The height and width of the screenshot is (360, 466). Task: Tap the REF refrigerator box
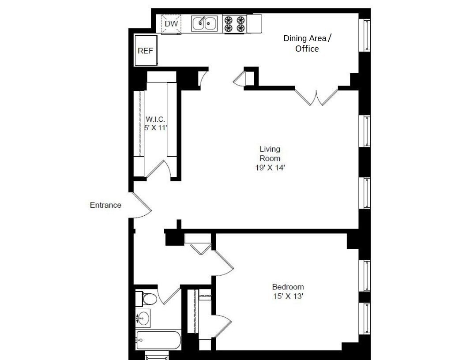click(145, 51)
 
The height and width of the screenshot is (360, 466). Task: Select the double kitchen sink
click(204, 23)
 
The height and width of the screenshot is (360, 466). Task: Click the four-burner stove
click(234, 24)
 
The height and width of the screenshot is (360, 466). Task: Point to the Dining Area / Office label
click(307, 43)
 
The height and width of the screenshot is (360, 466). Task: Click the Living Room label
click(270, 154)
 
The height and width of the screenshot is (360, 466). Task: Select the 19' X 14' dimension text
click(270, 168)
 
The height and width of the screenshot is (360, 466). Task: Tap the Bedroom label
click(288, 287)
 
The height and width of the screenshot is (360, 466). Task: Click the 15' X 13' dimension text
click(288, 296)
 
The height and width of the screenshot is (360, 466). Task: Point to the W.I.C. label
click(155, 119)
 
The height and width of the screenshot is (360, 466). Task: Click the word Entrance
click(105, 205)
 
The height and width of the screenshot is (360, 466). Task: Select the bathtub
click(158, 340)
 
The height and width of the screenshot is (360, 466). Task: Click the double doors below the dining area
click(316, 97)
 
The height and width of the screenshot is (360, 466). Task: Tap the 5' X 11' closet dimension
click(155, 128)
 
